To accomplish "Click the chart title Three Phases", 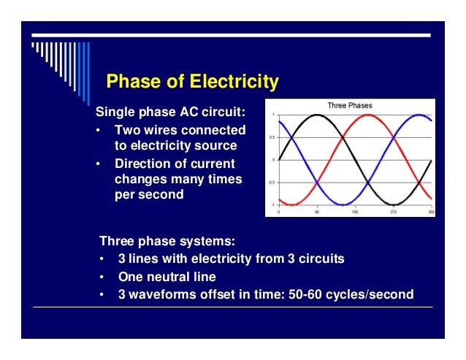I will tap(349, 106).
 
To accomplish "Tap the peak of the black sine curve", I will tap(316, 115).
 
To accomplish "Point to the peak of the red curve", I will tap(370, 115).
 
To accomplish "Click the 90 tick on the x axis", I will tap(317, 212).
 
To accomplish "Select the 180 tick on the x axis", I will tap(356, 212).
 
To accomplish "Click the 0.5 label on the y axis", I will tap(272, 137).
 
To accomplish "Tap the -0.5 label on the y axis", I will tap(271, 183).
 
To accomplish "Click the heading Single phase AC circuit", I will tap(171, 113).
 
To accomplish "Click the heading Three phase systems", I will tap(167, 240).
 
